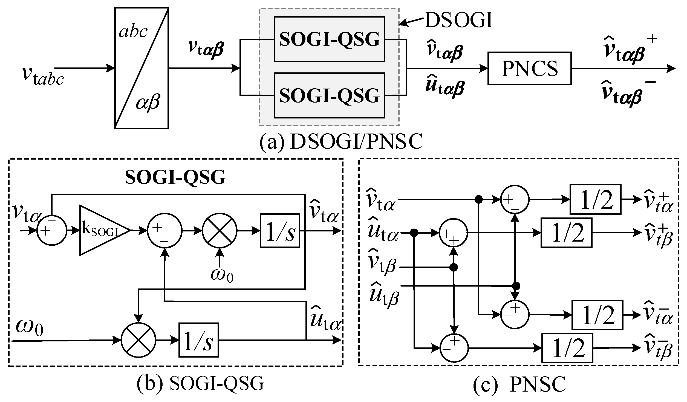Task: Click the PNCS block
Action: (x=529, y=68)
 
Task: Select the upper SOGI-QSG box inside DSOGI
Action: (x=329, y=39)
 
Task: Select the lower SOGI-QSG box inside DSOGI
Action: (x=329, y=95)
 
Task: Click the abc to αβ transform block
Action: (x=142, y=68)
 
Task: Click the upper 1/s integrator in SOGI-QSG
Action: (x=280, y=231)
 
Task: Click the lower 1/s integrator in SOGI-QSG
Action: (x=199, y=340)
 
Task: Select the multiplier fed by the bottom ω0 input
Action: (x=138, y=340)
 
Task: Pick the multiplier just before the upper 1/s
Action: (x=220, y=231)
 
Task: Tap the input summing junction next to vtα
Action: (x=52, y=231)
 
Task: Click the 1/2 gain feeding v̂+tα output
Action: (x=595, y=199)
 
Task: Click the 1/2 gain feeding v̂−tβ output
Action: (x=567, y=348)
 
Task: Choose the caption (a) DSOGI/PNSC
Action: (x=341, y=142)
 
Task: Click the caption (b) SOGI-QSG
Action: (x=200, y=383)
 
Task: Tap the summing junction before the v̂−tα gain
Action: (x=515, y=314)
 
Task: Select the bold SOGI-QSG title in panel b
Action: (x=175, y=177)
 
